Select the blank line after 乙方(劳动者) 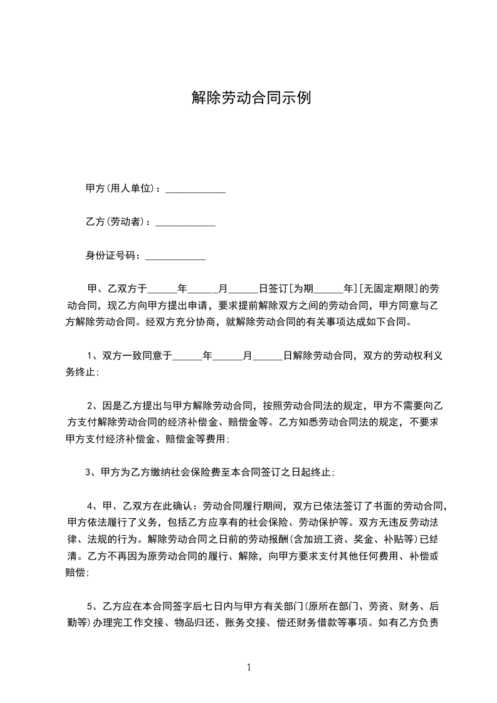(185, 224)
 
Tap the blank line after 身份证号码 (175, 258)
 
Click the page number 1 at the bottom (249, 667)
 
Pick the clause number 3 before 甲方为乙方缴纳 (88, 472)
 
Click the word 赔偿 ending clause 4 (76, 572)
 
